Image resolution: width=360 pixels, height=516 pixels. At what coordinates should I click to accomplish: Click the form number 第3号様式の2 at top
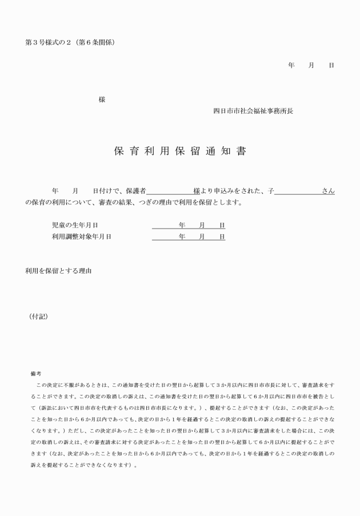pos(50,43)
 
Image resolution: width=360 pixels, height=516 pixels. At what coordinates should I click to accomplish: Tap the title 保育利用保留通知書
pos(179,152)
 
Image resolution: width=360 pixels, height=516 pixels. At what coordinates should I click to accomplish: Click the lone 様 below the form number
pos(102,99)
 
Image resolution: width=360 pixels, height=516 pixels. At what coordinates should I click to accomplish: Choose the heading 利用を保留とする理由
pos(58,270)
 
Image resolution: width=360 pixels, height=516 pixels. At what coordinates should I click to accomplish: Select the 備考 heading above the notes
pos(35,373)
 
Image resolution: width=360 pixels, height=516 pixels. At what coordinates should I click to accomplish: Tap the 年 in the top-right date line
pos(291,66)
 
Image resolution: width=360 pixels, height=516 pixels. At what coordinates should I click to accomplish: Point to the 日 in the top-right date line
pos(331,66)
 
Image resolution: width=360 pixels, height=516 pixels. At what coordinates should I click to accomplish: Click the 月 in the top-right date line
pos(311,66)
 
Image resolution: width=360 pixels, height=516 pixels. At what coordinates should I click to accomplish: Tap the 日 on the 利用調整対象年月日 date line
pos(222,237)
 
